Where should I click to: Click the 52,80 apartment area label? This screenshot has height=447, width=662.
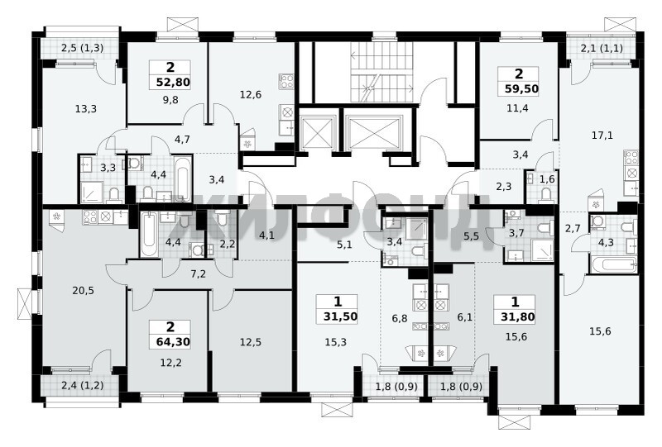click(x=173, y=82)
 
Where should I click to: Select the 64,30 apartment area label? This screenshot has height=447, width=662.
click(x=173, y=341)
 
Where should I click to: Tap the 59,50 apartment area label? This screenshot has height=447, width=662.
click(x=522, y=89)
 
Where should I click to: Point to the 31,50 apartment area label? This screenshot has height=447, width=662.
click(x=341, y=316)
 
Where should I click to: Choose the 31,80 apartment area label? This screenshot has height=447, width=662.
click(x=518, y=316)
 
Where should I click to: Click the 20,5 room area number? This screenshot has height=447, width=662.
click(x=84, y=291)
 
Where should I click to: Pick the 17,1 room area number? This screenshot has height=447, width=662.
click(x=602, y=136)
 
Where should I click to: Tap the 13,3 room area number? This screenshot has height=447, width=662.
click(x=86, y=109)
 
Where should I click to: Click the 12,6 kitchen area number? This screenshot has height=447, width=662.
click(x=251, y=95)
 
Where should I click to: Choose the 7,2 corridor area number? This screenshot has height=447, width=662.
click(x=198, y=274)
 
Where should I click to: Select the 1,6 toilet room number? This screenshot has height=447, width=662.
click(x=547, y=179)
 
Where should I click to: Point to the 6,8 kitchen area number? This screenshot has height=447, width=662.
click(x=400, y=318)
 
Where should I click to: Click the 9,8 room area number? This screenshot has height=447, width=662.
click(x=171, y=99)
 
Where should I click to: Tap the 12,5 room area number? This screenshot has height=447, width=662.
click(x=251, y=342)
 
